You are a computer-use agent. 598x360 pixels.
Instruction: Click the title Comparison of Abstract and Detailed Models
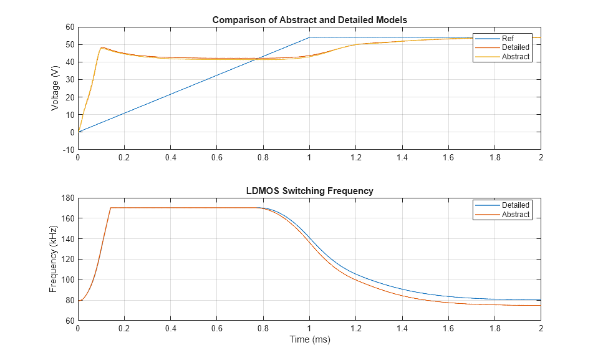tap(309, 20)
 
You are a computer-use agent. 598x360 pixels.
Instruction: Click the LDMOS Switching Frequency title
tap(309, 191)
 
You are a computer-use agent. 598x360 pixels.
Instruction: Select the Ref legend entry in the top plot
tap(509, 38)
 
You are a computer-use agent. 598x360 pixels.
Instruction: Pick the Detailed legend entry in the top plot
tap(515, 47)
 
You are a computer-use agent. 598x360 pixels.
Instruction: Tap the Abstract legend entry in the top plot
tap(515, 57)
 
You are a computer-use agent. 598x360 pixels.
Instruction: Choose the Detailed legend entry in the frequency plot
tap(515, 205)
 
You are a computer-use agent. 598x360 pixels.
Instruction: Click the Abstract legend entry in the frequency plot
tap(515, 215)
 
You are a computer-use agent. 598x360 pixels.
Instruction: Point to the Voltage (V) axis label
tap(55, 88)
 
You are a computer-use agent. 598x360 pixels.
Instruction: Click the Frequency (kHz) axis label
tap(54, 260)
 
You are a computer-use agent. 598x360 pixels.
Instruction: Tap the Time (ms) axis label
tap(309, 340)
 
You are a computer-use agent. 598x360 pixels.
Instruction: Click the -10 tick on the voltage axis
tap(68, 150)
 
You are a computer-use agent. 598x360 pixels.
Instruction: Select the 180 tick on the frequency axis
tap(67, 198)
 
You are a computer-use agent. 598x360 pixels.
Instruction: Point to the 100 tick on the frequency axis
tap(67, 280)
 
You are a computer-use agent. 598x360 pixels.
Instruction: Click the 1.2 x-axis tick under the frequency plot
tap(355, 329)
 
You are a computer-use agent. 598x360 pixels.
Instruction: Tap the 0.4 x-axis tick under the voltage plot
tap(170, 158)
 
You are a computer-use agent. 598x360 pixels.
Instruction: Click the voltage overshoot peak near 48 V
tap(102, 47)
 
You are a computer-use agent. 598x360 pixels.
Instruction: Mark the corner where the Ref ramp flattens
tap(309, 37)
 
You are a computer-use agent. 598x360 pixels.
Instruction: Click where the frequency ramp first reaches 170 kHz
tap(110, 208)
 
